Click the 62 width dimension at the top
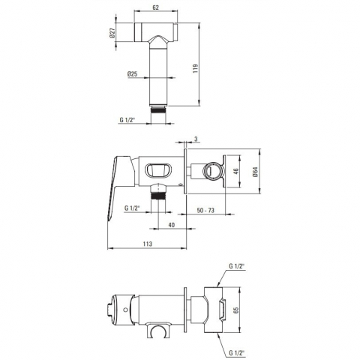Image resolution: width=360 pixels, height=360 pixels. tap(155, 7)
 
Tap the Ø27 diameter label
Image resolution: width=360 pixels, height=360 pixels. tap(112, 32)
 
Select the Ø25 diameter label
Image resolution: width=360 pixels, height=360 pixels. tap(132, 74)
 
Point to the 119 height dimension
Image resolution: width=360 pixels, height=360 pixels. tap(196, 68)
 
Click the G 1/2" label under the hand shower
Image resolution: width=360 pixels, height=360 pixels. tap(127, 120)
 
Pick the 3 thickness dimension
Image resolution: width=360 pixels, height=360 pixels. tap(196, 139)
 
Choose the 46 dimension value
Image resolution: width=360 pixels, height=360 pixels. tap(235, 171)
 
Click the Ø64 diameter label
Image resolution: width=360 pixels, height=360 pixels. tap(255, 172)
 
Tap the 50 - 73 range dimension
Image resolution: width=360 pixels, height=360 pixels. tap(205, 210)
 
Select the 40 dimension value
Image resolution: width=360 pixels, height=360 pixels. tap(171, 225)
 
